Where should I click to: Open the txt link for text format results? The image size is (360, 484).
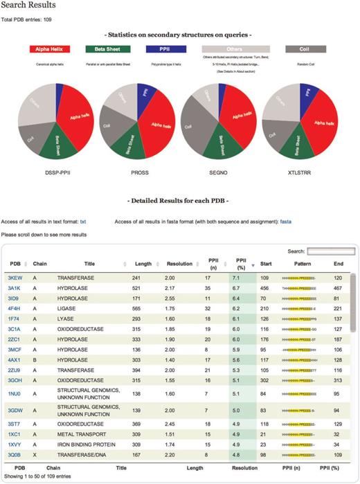tap(83, 222)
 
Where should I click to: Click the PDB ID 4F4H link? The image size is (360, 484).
tap(14, 307)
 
